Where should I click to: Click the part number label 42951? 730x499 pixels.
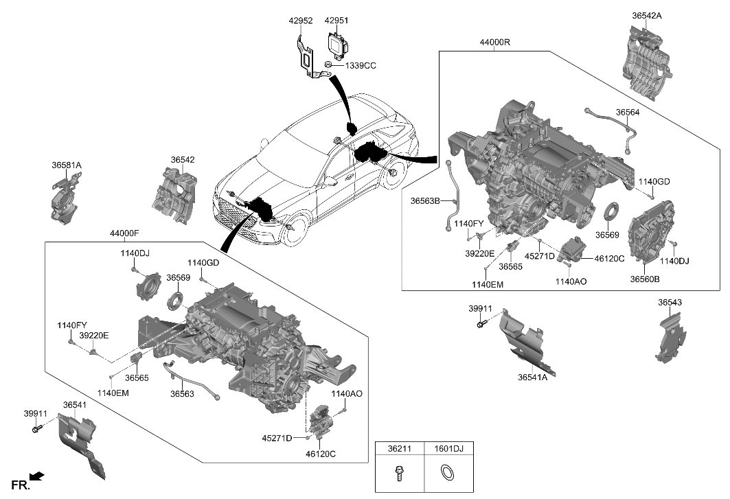337,21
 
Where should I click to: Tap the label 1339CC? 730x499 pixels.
360,66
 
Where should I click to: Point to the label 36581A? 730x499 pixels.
66,165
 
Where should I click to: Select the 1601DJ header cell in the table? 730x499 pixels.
449,449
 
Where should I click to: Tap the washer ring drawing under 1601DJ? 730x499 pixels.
449,474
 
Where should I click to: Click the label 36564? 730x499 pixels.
627,113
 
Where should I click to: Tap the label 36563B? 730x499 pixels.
425,201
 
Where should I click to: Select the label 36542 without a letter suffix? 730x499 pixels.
183,159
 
